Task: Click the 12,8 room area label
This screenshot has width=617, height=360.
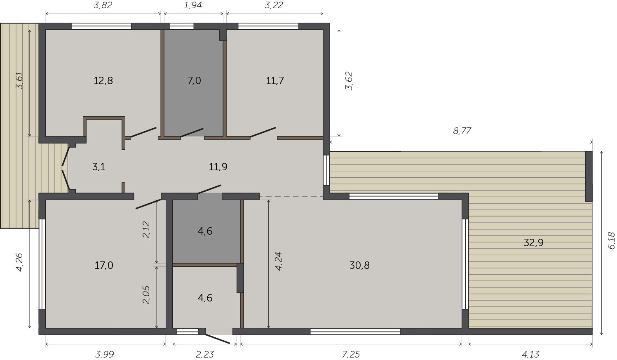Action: point(103,81)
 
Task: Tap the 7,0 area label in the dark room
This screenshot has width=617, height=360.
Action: point(194,81)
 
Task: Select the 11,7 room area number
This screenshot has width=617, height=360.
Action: point(275,81)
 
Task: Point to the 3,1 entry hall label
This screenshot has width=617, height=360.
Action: point(99,167)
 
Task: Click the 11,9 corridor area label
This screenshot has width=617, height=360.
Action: point(218,167)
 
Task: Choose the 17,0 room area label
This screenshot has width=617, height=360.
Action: point(104,266)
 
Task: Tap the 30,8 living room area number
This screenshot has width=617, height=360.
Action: point(359,266)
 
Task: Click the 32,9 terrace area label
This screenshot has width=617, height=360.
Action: point(534,243)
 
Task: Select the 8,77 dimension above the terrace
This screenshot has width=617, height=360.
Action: point(462,131)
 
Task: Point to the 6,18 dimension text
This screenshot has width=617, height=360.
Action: point(611,241)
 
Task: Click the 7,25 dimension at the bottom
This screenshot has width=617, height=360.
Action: point(351,354)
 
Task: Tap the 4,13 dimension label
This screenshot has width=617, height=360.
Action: point(530,354)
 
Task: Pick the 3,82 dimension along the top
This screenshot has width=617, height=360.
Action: point(103,5)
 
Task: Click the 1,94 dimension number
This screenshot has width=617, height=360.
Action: point(193,5)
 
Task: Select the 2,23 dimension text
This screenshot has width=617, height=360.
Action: point(205,354)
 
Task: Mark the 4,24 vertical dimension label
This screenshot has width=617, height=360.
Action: point(278,261)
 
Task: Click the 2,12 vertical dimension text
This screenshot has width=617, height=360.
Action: point(146,230)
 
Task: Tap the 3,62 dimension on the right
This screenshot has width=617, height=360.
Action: point(349,81)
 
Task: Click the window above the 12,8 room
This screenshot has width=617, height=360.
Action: point(101,26)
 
